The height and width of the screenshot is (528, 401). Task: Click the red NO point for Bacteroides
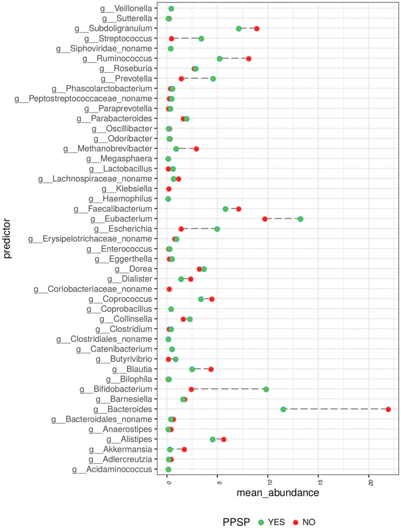pos(388,409)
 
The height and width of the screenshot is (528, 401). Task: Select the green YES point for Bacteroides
pos(283,409)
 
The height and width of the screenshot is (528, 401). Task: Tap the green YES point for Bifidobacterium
pos(266,389)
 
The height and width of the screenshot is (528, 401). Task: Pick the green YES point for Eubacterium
pos(300,219)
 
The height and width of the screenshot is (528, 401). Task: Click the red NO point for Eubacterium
pos(265,219)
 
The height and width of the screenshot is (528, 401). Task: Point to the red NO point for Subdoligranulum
pos(257,28)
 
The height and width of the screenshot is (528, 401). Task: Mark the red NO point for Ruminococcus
pos(249,58)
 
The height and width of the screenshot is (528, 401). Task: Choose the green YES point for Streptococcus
pos(201,39)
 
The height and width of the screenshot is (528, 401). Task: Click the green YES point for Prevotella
pos(213,78)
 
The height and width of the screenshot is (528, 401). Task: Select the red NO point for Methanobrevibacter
pos(196,148)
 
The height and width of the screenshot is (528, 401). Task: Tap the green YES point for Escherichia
pos(217,229)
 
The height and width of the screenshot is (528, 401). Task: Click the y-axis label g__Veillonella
pos(137,9)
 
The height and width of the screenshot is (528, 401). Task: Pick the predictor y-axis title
pos(7,240)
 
